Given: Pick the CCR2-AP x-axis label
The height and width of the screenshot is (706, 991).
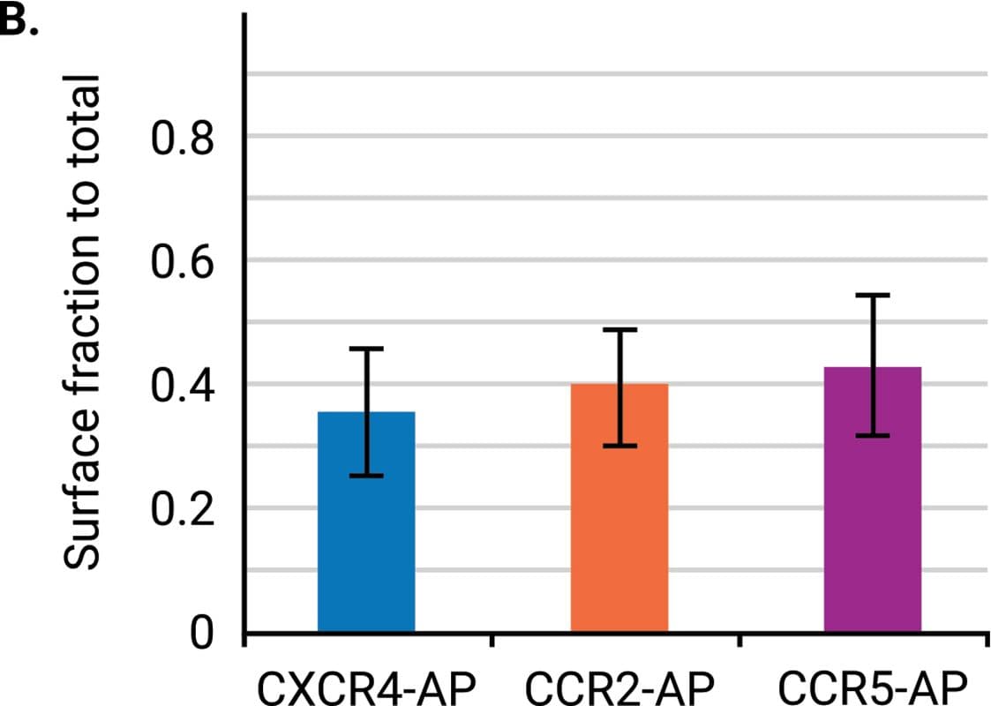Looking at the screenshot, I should [x=618, y=686].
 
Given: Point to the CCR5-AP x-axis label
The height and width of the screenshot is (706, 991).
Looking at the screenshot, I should [x=873, y=686].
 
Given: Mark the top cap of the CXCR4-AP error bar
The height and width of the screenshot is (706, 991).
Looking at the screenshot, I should [x=366, y=349].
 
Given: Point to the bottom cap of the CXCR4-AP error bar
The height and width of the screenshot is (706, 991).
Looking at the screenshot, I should [x=366, y=476].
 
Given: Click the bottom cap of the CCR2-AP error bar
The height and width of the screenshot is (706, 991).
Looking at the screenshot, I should [x=619, y=446].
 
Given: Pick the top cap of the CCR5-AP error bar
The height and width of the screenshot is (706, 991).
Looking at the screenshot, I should [x=873, y=295].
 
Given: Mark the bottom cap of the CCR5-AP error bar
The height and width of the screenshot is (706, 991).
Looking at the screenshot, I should [x=873, y=435].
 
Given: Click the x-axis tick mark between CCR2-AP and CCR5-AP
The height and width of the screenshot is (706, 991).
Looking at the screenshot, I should [x=739, y=640].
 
